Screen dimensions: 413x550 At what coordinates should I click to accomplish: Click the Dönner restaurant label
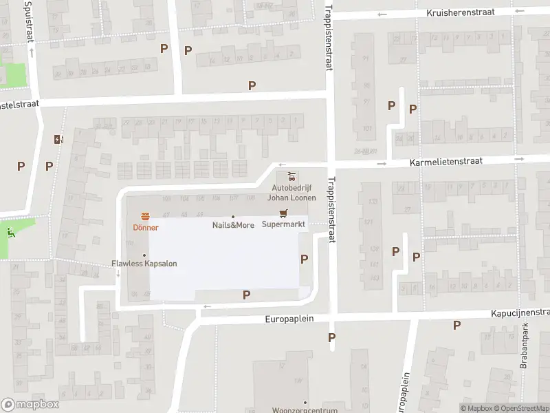(x=146, y=228)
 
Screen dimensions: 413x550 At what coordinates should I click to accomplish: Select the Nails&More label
(x=233, y=225)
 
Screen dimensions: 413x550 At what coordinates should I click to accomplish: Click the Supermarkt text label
(x=283, y=224)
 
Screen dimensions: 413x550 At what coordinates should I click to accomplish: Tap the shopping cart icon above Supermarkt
(x=282, y=213)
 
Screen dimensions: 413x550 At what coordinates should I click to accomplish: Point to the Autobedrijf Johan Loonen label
(x=294, y=192)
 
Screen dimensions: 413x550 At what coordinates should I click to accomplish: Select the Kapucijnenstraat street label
(x=520, y=312)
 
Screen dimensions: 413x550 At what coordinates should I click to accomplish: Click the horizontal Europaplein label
(x=289, y=319)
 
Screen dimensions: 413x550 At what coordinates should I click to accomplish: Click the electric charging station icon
(x=58, y=139)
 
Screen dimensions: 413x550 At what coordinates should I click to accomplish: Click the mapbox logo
(x=30, y=405)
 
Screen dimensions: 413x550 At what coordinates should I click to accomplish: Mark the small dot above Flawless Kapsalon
(x=144, y=255)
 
